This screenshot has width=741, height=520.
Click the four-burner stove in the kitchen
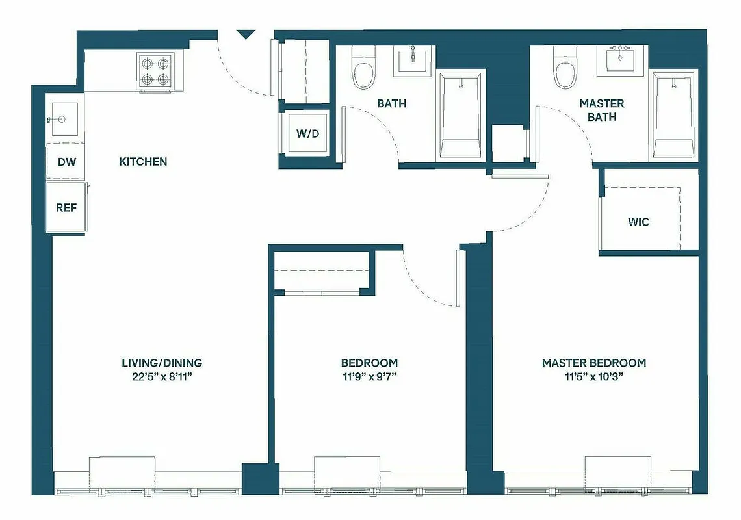coord(155,71)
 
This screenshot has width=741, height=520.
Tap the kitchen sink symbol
coord(64,119)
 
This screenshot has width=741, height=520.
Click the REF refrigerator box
coord(66,208)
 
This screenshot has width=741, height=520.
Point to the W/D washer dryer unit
coord(308,134)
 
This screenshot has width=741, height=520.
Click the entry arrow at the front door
coord(246,34)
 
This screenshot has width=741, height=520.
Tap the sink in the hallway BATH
coord(412,61)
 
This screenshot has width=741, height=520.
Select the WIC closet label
coord(638,222)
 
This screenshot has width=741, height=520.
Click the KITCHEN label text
coord(143,162)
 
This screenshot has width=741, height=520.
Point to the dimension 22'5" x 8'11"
coord(162,376)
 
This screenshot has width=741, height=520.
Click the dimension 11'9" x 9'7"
coord(369,376)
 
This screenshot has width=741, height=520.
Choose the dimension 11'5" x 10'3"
coord(593,376)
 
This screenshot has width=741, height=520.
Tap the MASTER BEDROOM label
coord(593,363)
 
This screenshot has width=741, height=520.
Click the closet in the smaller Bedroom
coord(322,272)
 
